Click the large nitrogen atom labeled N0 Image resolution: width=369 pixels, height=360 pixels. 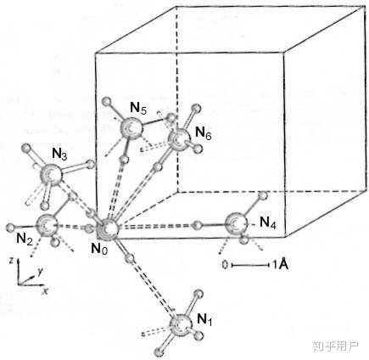109,228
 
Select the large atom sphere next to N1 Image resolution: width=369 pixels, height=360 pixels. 180,325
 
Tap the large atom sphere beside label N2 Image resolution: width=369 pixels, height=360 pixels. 47,225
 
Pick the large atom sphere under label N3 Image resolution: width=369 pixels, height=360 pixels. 51,176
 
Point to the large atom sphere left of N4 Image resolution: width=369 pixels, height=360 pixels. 236,223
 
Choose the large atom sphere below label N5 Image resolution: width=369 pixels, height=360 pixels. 131,128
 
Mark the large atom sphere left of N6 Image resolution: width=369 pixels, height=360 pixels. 178,138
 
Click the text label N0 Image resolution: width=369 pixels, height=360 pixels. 99,249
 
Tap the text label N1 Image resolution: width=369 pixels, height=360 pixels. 204,320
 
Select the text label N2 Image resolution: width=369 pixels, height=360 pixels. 25,239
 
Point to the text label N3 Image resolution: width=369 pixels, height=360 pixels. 59,155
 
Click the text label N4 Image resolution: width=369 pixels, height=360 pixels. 268,222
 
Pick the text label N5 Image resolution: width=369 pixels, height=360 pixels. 138,108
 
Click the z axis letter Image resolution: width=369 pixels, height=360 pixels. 11,261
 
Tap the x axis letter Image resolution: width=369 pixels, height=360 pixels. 44,291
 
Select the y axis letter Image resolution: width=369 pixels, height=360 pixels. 40,273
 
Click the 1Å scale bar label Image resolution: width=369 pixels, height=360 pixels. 281,265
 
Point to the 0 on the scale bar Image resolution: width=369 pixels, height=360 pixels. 225,265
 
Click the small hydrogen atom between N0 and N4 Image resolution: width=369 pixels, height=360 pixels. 198,225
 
